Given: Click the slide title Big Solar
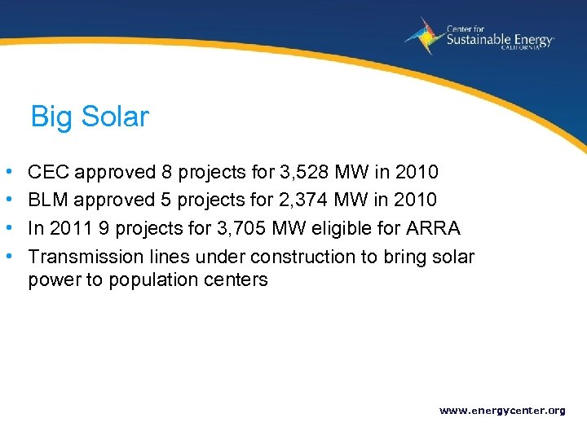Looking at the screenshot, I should (90, 117).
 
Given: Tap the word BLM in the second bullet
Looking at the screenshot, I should (47, 200).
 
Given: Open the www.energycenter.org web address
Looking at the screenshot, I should (502, 411).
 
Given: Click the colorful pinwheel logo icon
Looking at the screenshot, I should (425, 36).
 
